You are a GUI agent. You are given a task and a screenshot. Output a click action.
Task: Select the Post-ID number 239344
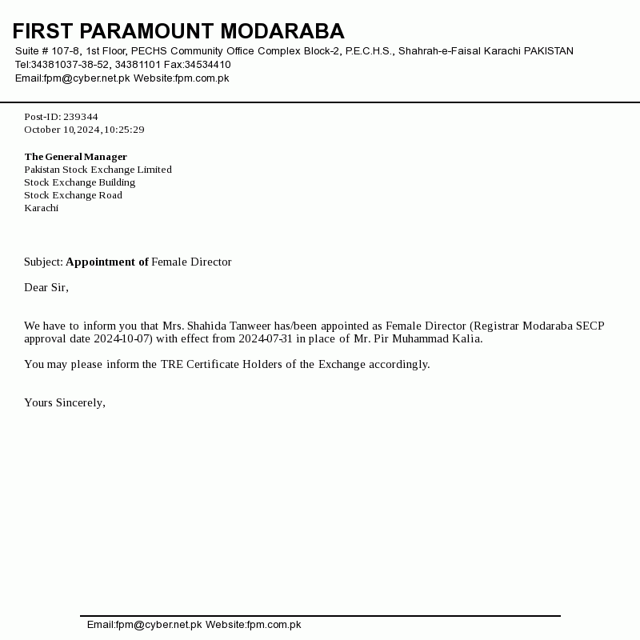(x=80, y=117)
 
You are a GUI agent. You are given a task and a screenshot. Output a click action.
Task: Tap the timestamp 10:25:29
(x=124, y=130)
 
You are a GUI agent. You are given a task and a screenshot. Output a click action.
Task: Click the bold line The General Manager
(x=75, y=157)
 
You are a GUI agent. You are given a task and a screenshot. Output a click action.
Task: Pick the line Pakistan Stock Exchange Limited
(x=98, y=170)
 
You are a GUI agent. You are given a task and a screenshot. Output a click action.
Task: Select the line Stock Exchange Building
(x=79, y=182)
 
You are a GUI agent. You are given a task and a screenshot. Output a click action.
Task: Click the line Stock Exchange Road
(x=73, y=195)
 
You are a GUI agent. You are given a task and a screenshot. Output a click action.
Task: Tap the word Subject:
(x=43, y=262)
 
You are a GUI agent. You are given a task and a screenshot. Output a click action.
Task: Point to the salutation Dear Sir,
(x=46, y=287)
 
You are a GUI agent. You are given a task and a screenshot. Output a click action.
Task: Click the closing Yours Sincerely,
(x=65, y=402)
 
